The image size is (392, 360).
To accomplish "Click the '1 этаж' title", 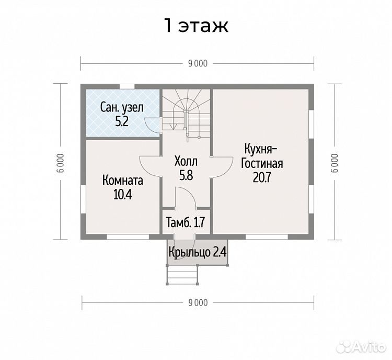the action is [196, 26].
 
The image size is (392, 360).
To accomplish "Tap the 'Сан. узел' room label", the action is [122, 108].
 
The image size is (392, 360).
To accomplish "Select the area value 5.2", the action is [122, 122].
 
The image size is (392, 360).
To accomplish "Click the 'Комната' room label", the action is [123, 181].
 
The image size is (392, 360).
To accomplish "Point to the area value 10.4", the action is [122, 195].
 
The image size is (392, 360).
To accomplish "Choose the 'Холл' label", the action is [186, 162].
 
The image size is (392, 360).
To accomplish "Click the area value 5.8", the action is [186, 175].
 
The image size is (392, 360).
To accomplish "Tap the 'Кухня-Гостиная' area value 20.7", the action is [262, 177].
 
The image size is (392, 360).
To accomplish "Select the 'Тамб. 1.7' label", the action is [186, 222].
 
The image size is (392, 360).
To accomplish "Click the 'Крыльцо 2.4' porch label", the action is [198, 252].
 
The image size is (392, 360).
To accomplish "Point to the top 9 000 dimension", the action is [198, 64].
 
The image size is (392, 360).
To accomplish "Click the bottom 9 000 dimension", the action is [198, 303].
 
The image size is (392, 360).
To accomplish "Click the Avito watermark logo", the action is [361, 346].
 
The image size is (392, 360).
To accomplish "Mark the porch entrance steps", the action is [182, 275].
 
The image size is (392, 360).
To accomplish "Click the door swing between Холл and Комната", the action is [149, 166].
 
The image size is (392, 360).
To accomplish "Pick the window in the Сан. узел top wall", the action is [127, 87].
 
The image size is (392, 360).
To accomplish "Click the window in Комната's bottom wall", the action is [128, 237].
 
